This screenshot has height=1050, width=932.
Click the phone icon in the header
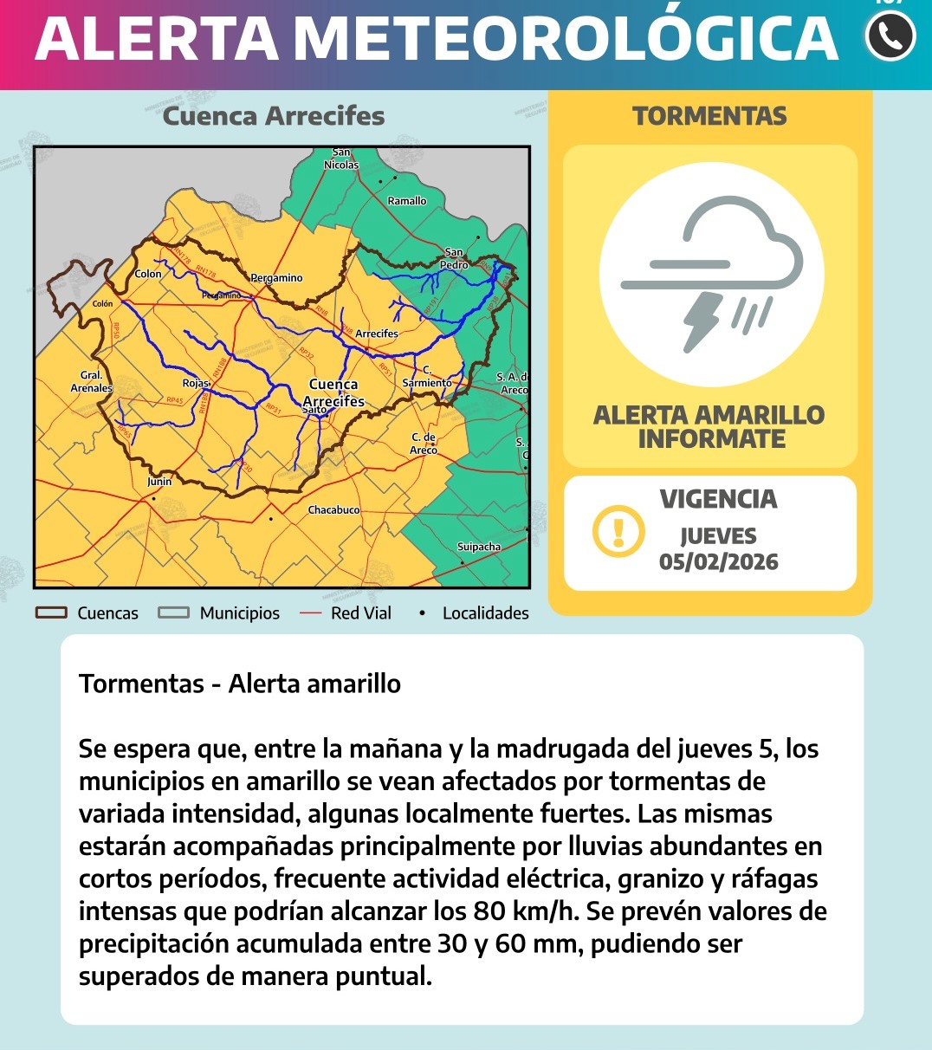click(890, 36)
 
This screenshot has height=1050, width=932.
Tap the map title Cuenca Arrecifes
click(274, 116)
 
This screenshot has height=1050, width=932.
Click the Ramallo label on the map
click(407, 201)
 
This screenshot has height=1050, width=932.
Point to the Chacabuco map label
click(333, 510)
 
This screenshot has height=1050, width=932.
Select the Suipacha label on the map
click(479, 547)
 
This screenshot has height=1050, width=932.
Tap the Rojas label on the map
click(196, 383)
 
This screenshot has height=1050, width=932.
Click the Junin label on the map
click(159, 482)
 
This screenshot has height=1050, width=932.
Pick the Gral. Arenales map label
click(92, 382)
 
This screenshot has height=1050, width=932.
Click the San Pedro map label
click(454, 258)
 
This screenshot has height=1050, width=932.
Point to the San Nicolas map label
click(341, 159)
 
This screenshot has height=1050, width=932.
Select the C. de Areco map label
click(424, 444)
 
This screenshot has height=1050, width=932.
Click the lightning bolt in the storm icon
click(702, 321)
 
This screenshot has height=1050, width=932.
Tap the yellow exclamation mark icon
click(618, 530)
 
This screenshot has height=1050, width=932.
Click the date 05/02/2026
click(718, 561)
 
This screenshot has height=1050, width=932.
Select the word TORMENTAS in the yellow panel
click(709, 116)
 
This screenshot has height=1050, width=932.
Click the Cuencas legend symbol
click(51, 612)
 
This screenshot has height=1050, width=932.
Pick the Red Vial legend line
click(310, 612)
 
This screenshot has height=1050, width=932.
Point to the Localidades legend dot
click(422, 612)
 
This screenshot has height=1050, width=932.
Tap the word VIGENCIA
click(718, 499)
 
